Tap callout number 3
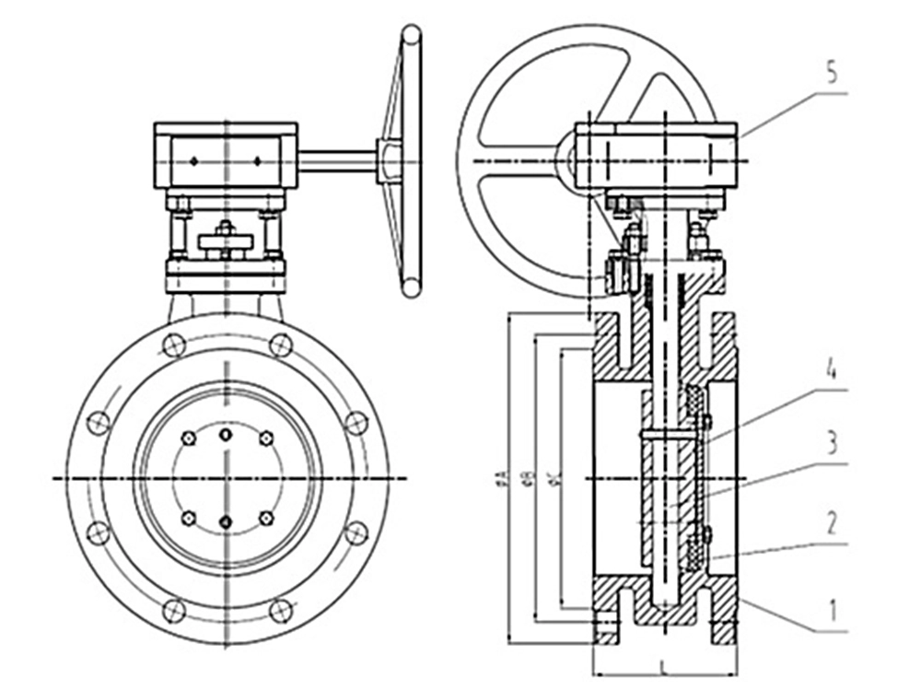831,445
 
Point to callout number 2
831,524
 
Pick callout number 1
831,611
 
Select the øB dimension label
528,477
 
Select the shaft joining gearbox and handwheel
336,161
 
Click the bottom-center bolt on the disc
227,522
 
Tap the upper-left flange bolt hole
172,345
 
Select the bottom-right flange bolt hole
281,610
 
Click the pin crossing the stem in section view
668,433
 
